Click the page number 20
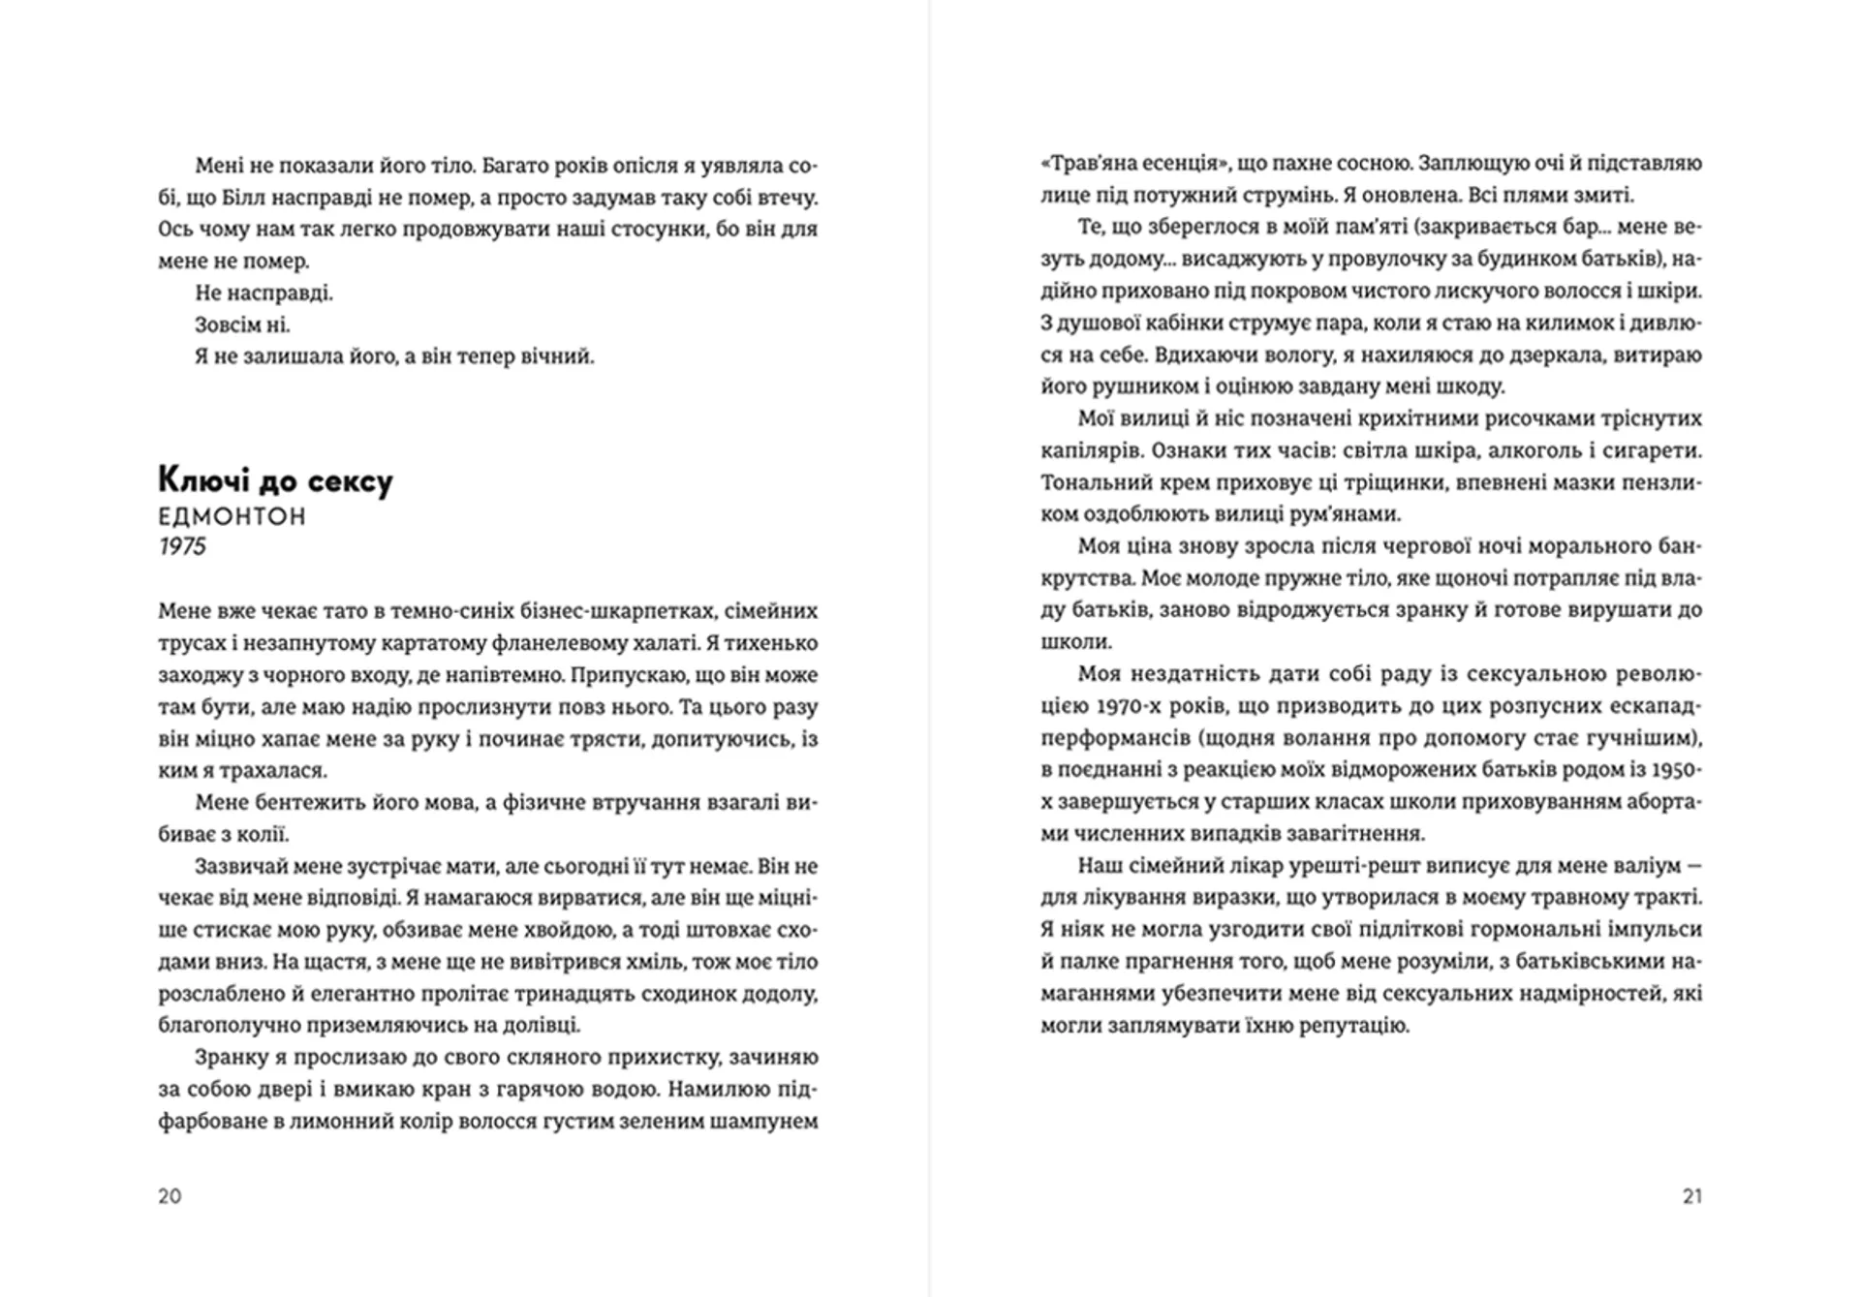170,1196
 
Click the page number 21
1691,1196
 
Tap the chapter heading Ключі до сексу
275,480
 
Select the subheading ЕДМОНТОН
232,516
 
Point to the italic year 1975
182,546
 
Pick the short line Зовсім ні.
242,324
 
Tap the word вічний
557,356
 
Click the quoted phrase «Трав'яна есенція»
1122,163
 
